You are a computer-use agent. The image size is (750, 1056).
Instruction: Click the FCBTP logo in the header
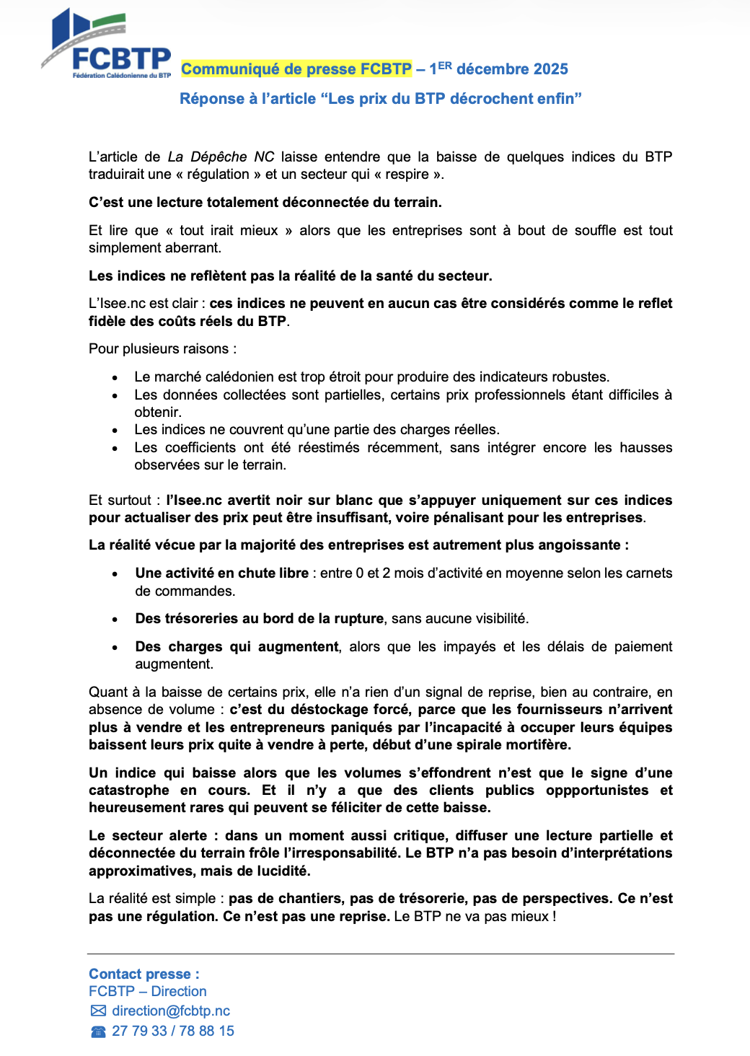point(107,45)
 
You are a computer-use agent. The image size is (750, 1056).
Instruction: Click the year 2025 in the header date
point(551,69)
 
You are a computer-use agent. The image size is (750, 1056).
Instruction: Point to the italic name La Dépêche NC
point(221,157)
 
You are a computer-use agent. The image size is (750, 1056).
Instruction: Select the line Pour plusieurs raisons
point(162,349)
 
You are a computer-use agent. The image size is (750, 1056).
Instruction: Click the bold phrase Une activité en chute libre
point(222,573)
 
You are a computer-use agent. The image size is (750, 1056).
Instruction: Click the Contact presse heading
point(144,974)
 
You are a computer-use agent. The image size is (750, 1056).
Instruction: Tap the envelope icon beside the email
point(98,1011)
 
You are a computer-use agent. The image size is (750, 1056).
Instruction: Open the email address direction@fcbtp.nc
point(171,1011)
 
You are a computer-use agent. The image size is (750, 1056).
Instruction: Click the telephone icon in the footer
point(98,1032)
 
